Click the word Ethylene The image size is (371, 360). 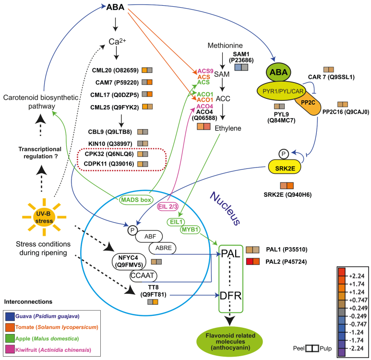(x=228, y=129)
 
